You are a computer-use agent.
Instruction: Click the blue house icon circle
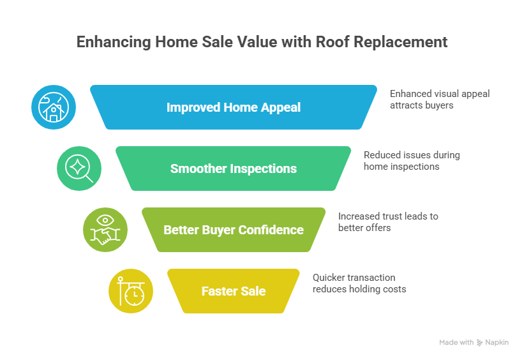coord(54,107)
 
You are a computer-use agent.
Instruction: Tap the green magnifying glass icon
coord(79,169)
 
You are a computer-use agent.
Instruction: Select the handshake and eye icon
coord(105,230)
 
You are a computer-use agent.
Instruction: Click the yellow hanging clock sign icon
coord(131,291)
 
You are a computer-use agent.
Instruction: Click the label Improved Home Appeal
coord(233,107)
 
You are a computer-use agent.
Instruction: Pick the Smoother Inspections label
coord(233,169)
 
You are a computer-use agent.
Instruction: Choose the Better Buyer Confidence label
coord(233,230)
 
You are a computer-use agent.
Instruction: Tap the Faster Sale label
coord(233,291)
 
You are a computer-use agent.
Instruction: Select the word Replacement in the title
coord(407,43)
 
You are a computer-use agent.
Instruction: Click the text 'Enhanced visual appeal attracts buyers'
coord(439,99)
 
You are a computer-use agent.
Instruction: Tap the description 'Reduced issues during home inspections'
coord(411,160)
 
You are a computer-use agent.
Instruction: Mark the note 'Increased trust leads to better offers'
coord(387,221)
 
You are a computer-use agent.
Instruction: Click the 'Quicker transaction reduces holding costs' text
coord(359,283)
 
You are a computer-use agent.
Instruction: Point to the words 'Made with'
coord(456,343)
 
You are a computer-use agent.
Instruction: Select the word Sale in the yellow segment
coord(253,291)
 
